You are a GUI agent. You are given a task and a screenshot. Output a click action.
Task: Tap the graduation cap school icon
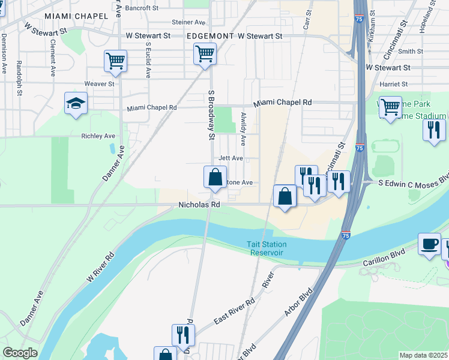point(76,104)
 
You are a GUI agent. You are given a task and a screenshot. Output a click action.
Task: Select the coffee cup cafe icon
point(429,244)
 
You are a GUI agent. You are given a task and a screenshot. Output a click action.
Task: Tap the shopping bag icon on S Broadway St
point(215,178)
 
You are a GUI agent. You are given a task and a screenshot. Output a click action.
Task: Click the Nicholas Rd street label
point(199,205)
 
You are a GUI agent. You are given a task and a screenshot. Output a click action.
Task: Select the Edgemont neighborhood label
point(209,36)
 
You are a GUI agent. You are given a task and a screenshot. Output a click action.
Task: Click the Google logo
point(20,353)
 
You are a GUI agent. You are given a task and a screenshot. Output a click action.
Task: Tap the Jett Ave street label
point(231,158)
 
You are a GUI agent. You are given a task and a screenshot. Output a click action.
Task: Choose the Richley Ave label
point(98,136)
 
